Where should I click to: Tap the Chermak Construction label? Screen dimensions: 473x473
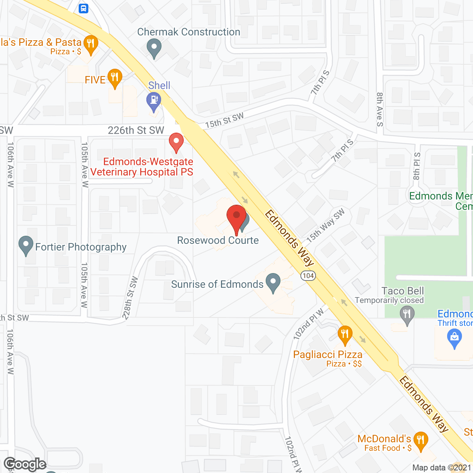[x=188, y=32]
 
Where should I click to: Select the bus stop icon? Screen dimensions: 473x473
[x=84, y=8]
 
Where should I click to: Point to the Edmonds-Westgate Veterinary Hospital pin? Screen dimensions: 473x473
[x=176, y=142]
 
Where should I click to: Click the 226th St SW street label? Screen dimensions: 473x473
[x=136, y=130]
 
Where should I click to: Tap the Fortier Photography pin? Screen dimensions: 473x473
[x=25, y=245]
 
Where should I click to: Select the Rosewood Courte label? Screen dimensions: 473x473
[x=218, y=241]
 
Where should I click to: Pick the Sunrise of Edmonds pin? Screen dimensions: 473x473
[x=273, y=283]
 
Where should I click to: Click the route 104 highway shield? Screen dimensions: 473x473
[x=308, y=276]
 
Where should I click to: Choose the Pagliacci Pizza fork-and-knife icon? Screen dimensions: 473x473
[x=345, y=335]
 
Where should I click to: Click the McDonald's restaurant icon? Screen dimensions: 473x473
[x=421, y=441]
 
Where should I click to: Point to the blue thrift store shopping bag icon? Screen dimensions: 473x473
[x=455, y=338]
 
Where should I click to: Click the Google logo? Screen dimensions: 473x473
[x=25, y=464]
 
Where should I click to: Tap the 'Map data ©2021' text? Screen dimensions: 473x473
[x=442, y=467]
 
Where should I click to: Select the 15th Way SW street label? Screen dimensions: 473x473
[x=325, y=225]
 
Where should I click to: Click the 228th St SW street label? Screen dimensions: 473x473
[x=130, y=298]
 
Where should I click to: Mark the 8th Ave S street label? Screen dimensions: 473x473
[x=380, y=109]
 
